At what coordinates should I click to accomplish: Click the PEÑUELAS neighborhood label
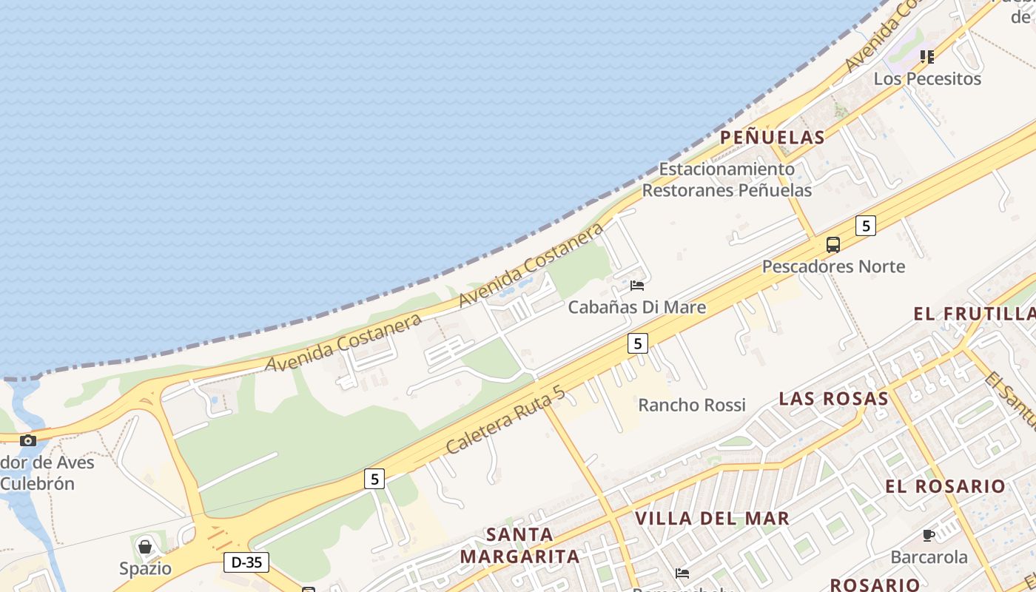(772, 138)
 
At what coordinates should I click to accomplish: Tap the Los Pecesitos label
(927, 78)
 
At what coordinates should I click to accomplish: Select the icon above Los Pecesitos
(927, 56)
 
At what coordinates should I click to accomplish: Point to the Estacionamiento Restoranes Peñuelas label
(726, 180)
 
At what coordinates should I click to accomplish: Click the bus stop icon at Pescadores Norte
(833, 244)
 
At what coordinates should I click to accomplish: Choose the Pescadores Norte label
(833, 266)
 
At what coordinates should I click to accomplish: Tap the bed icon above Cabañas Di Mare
(636, 286)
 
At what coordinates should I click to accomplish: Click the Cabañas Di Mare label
(636, 307)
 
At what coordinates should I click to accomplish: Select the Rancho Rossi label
(692, 405)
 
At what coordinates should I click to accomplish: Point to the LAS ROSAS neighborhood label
(833, 399)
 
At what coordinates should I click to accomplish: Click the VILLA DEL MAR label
(713, 518)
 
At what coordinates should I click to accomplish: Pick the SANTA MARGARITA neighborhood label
(519, 545)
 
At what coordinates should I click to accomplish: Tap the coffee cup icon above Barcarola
(929, 535)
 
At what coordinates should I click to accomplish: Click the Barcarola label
(929, 557)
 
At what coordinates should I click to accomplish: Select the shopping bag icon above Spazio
(145, 547)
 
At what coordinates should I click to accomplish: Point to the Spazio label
(145, 569)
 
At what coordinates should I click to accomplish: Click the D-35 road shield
(246, 562)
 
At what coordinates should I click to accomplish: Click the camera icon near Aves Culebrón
(28, 440)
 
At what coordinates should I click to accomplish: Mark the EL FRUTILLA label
(974, 314)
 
